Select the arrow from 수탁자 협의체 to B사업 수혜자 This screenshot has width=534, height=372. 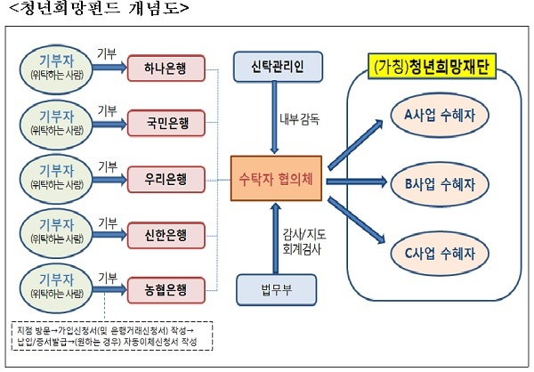[x=356, y=182]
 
